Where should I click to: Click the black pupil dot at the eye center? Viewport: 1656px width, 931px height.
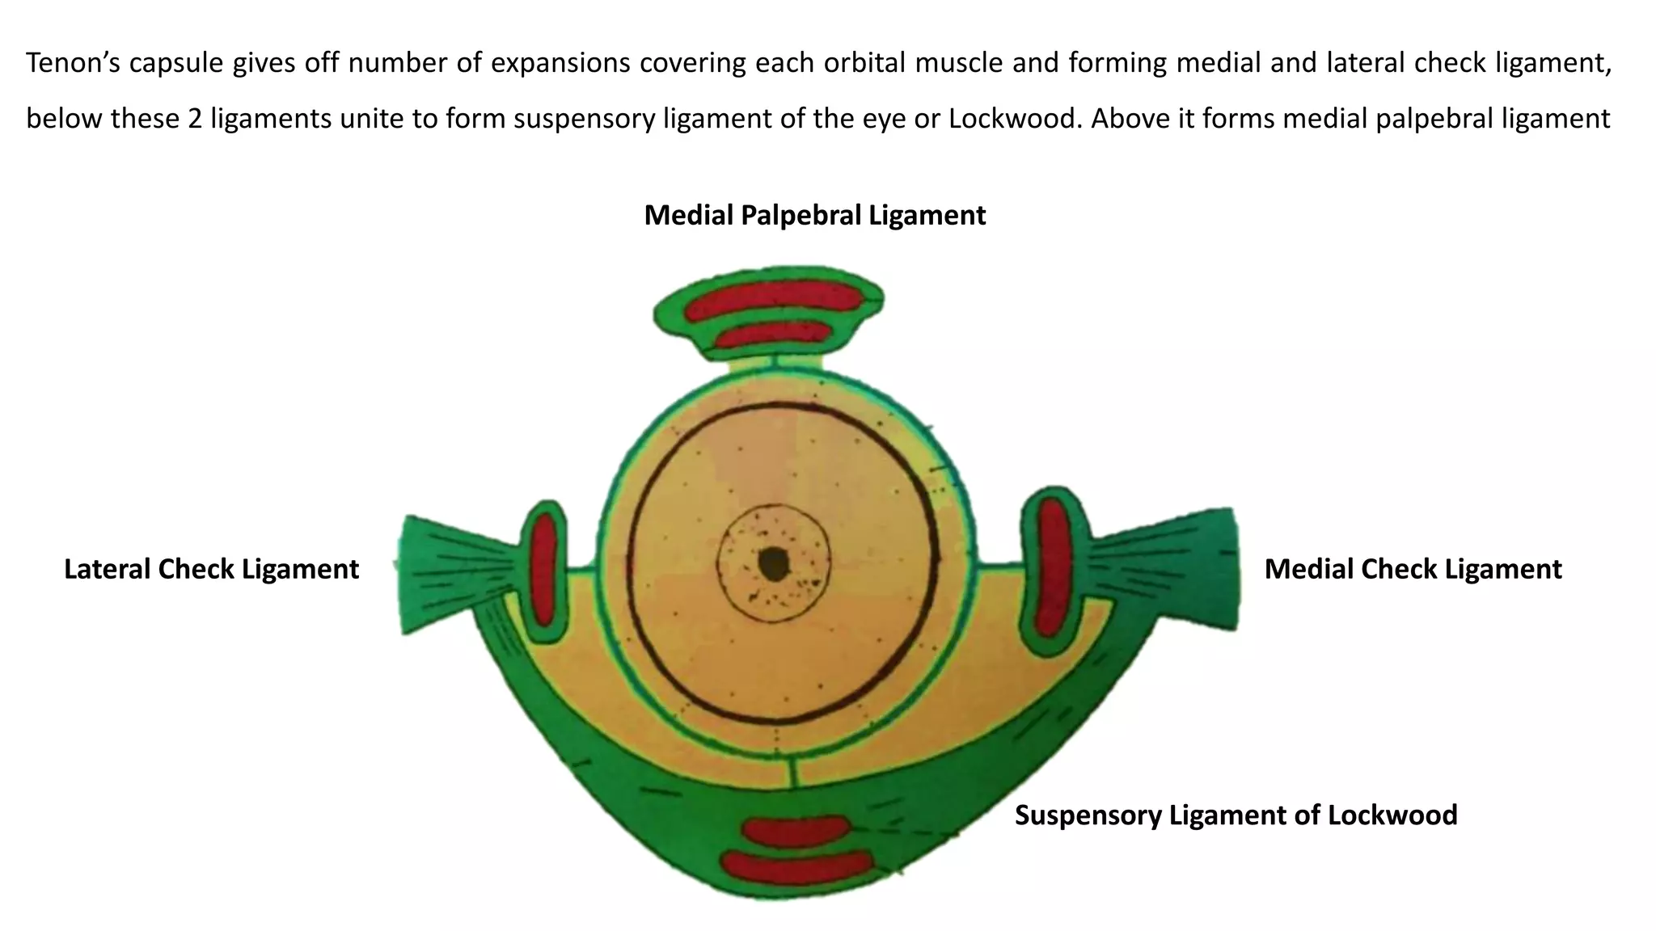pos(774,563)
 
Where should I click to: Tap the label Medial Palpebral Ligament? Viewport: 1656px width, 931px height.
pos(814,215)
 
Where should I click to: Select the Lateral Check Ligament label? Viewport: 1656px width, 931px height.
pos(211,569)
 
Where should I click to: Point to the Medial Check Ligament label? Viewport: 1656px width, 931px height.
pos(1413,569)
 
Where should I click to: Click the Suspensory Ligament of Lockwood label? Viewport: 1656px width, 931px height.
pos(1236,815)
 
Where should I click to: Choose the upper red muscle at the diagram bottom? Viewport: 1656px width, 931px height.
pos(796,829)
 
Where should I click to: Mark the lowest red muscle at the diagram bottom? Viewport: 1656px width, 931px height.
pos(796,867)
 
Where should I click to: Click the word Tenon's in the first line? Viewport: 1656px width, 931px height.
pos(73,62)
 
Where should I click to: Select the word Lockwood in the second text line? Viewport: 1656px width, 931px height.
pos(1013,119)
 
